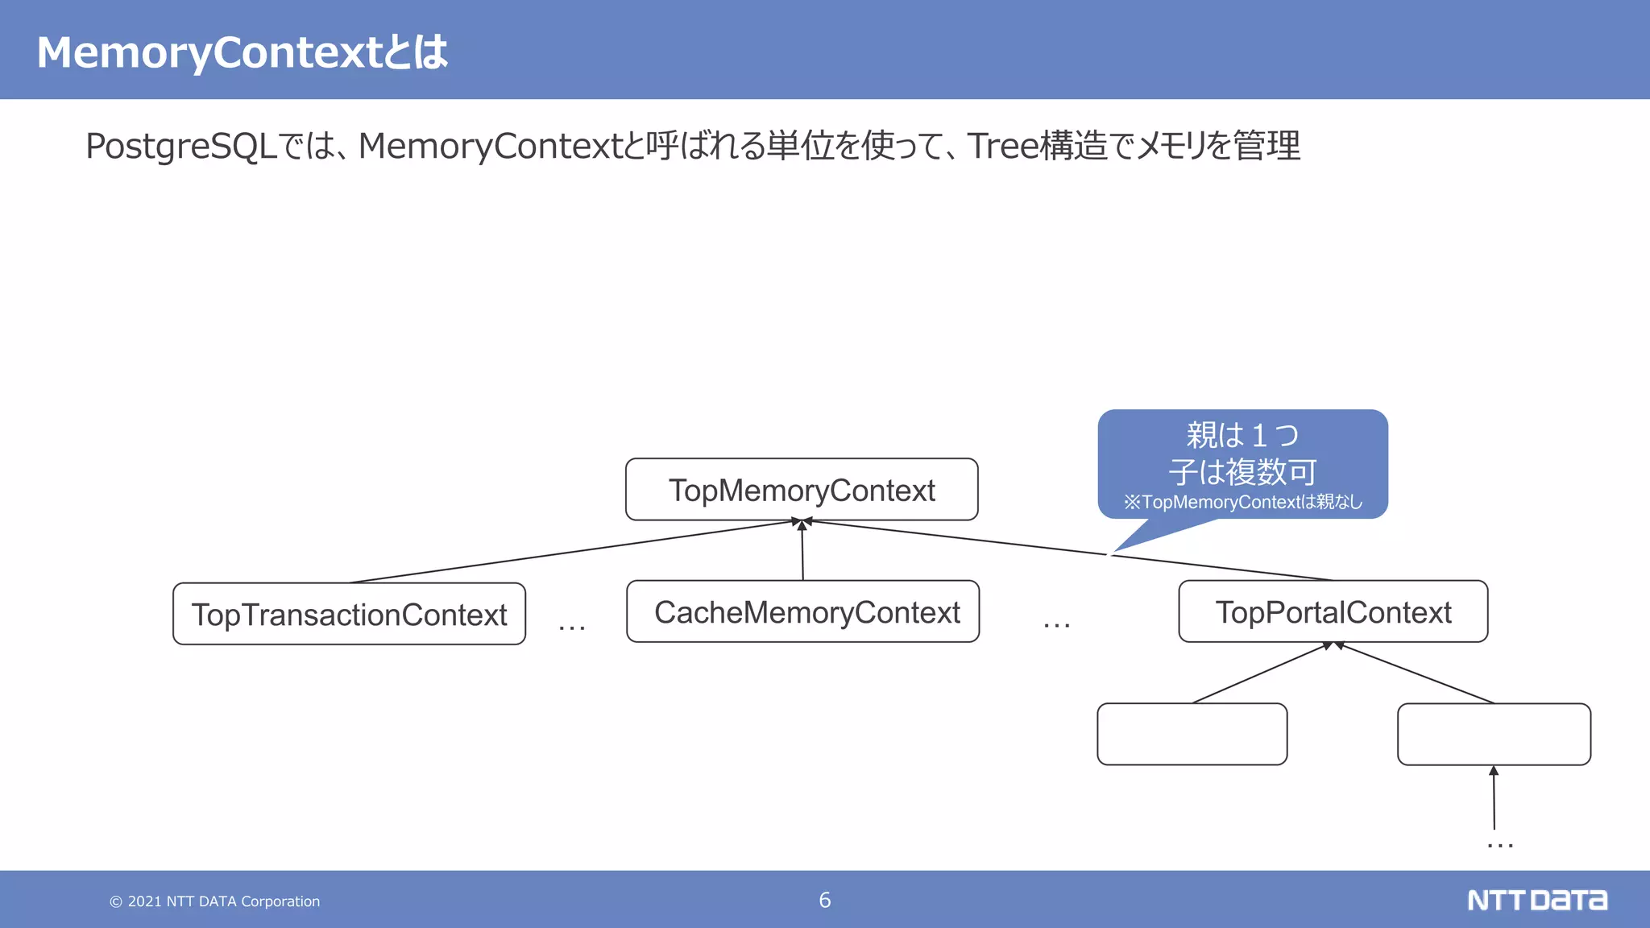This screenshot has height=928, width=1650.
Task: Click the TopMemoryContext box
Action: tap(802, 490)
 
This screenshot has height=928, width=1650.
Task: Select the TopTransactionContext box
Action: tap(349, 614)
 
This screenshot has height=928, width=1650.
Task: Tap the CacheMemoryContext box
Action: tap(802, 611)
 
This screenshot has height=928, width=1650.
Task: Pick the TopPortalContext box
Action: tap(1333, 611)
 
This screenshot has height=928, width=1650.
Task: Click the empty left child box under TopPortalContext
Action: tap(1192, 734)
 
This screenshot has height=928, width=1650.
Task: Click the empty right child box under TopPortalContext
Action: tap(1494, 734)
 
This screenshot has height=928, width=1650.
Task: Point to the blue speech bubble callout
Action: tap(1242, 463)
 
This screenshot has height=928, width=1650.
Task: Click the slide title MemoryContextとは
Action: tap(242, 52)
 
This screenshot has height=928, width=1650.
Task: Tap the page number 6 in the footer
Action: tap(824, 900)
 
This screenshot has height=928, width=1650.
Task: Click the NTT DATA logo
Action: tap(1536, 900)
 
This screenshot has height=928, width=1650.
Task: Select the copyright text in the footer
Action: tap(215, 901)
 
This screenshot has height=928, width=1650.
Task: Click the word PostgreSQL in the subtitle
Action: tap(181, 147)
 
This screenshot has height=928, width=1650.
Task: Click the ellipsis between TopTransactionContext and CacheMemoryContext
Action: tap(572, 627)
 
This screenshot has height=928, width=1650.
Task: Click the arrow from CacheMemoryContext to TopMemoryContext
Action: tap(802, 552)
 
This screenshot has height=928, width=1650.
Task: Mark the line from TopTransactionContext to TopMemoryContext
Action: tap(564, 553)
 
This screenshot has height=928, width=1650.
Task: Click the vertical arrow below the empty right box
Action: tap(1494, 797)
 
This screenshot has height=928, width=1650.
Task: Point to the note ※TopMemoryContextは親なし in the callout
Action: tap(1242, 502)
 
